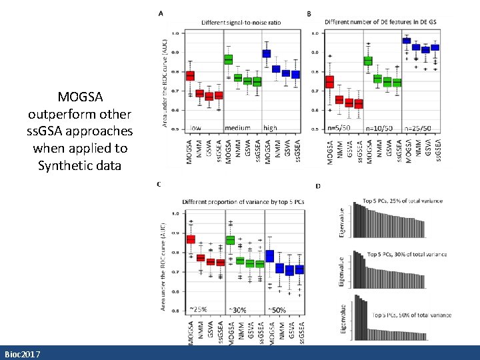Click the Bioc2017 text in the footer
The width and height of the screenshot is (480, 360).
21,354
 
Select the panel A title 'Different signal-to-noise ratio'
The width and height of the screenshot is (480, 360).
241,22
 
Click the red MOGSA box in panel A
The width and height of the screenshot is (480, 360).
190,76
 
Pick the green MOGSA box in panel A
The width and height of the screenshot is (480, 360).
229,60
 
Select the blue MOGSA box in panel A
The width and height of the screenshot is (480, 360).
267,53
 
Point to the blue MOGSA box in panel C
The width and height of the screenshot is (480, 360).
269,256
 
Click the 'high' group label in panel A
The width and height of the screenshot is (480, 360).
270,127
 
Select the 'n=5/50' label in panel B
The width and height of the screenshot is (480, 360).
340,127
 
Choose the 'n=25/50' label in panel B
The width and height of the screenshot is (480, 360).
419,127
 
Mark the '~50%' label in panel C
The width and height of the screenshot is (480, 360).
277,309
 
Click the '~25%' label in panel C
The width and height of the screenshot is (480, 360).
199,309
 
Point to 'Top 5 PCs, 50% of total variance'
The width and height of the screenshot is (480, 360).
411,315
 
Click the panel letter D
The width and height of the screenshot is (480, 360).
319,185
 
